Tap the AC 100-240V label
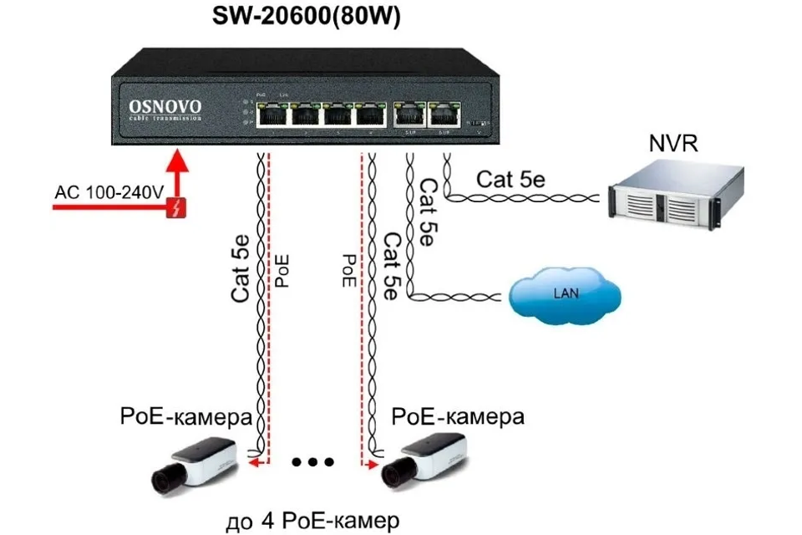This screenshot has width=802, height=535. point(108,193)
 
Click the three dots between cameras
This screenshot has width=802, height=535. point(313,461)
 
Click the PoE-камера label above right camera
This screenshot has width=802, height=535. point(459,415)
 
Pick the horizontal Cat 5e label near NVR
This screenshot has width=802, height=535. point(511,179)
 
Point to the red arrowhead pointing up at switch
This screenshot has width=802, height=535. point(176,160)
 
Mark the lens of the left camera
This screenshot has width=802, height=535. point(160,479)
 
